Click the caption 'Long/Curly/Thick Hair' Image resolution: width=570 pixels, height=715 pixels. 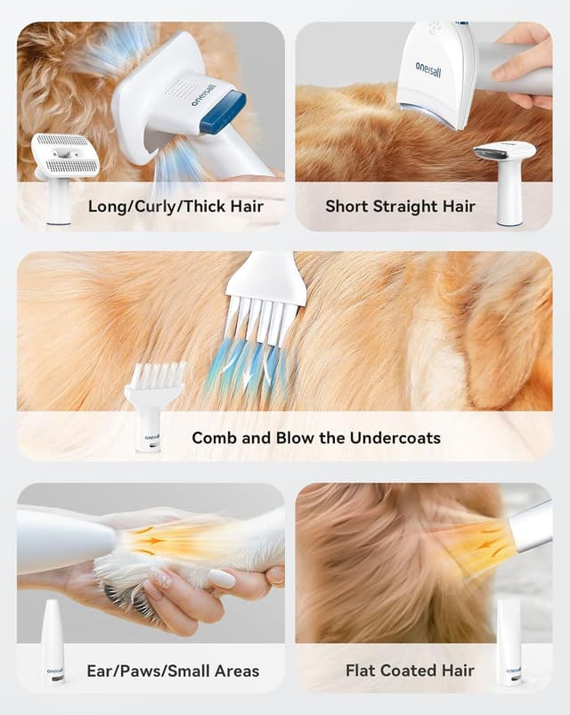click(175, 207)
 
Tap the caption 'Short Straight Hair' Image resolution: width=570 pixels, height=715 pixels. click(400, 207)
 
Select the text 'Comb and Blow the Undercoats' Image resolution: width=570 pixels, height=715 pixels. click(316, 437)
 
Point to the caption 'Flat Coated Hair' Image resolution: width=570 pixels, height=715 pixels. click(410, 670)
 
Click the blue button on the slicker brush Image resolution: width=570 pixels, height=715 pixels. click(222, 111)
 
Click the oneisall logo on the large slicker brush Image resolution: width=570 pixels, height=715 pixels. click(202, 93)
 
